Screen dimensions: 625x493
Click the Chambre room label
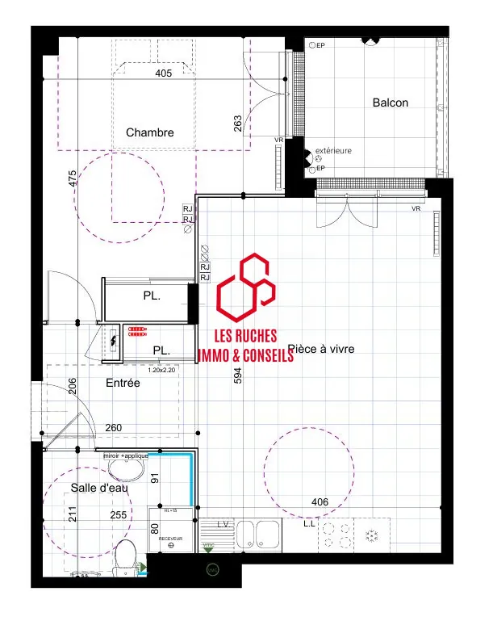150,132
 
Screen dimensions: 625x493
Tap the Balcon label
391,103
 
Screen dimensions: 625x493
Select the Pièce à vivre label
321,349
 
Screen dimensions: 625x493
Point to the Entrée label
123,383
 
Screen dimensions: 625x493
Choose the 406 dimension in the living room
320,502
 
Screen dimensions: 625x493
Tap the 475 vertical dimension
73,179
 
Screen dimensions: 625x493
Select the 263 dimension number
237,123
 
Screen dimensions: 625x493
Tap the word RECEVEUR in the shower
170,537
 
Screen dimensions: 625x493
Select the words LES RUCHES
244,336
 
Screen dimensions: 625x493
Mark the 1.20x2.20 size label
161,370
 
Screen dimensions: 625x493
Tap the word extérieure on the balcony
333,151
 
